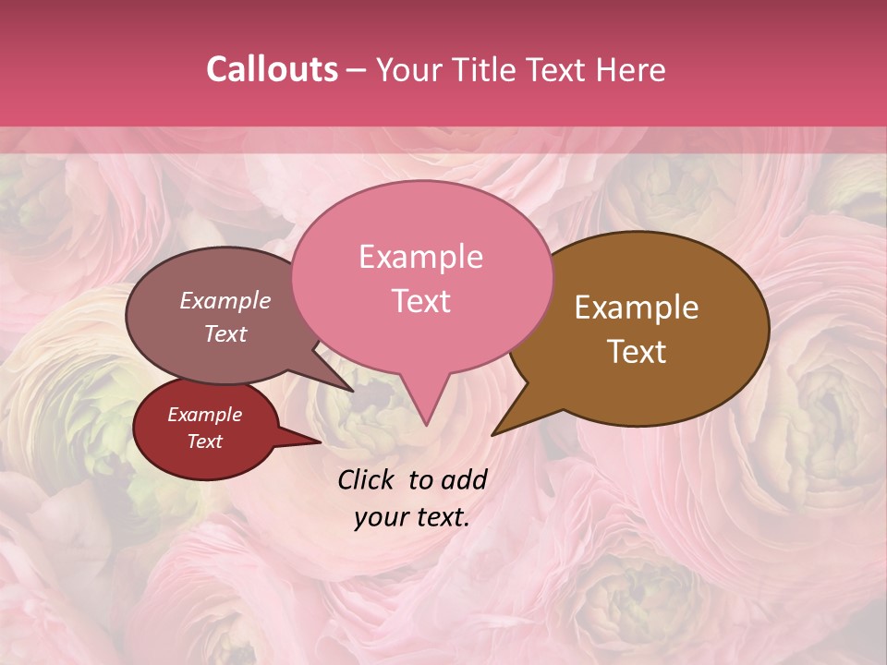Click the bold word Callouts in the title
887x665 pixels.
pyautogui.click(x=272, y=69)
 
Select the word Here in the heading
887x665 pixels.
pyautogui.click(x=629, y=69)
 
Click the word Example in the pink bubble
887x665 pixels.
pyautogui.click(x=420, y=257)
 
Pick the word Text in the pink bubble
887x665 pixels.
pyautogui.click(x=420, y=301)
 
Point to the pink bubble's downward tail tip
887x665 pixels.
pyautogui.click(x=425, y=425)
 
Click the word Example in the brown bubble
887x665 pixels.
pyautogui.click(x=637, y=308)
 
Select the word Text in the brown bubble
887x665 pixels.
pyautogui.click(x=637, y=352)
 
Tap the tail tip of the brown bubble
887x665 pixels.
pyautogui.click(x=492, y=434)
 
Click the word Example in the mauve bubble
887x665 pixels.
pyautogui.click(x=225, y=300)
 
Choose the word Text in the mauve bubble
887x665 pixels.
pyautogui.click(x=225, y=333)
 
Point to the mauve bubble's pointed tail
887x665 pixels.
pyautogui.click(x=352, y=391)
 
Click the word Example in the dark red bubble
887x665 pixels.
pyautogui.click(x=204, y=415)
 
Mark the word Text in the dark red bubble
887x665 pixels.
pyautogui.click(x=204, y=441)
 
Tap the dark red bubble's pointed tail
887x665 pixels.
pyautogui.click(x=320, y=442)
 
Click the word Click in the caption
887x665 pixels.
pyautogui.click(x=367, y=479)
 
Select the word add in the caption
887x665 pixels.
pyautogui.click(x=465, y=479)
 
